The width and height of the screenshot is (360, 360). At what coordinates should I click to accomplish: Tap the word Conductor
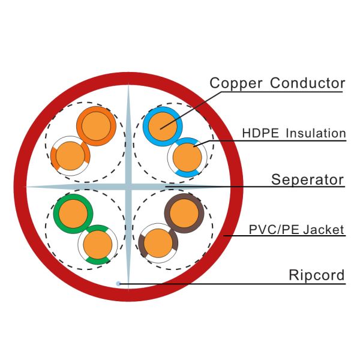tap(308, 83)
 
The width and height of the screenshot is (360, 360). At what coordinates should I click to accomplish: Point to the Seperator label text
tap(307, 179)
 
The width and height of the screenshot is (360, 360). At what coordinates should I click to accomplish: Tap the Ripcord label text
tap(317, 275)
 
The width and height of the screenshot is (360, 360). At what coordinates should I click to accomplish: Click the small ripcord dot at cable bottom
tap(119, 283)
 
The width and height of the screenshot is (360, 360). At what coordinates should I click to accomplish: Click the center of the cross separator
tap(128, 187)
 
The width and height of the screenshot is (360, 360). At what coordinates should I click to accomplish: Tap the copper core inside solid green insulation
tap(73, 213)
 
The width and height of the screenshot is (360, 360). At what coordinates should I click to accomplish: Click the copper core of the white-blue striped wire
tap(187, 158)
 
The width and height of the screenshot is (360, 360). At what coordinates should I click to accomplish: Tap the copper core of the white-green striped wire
tap(96, 244)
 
